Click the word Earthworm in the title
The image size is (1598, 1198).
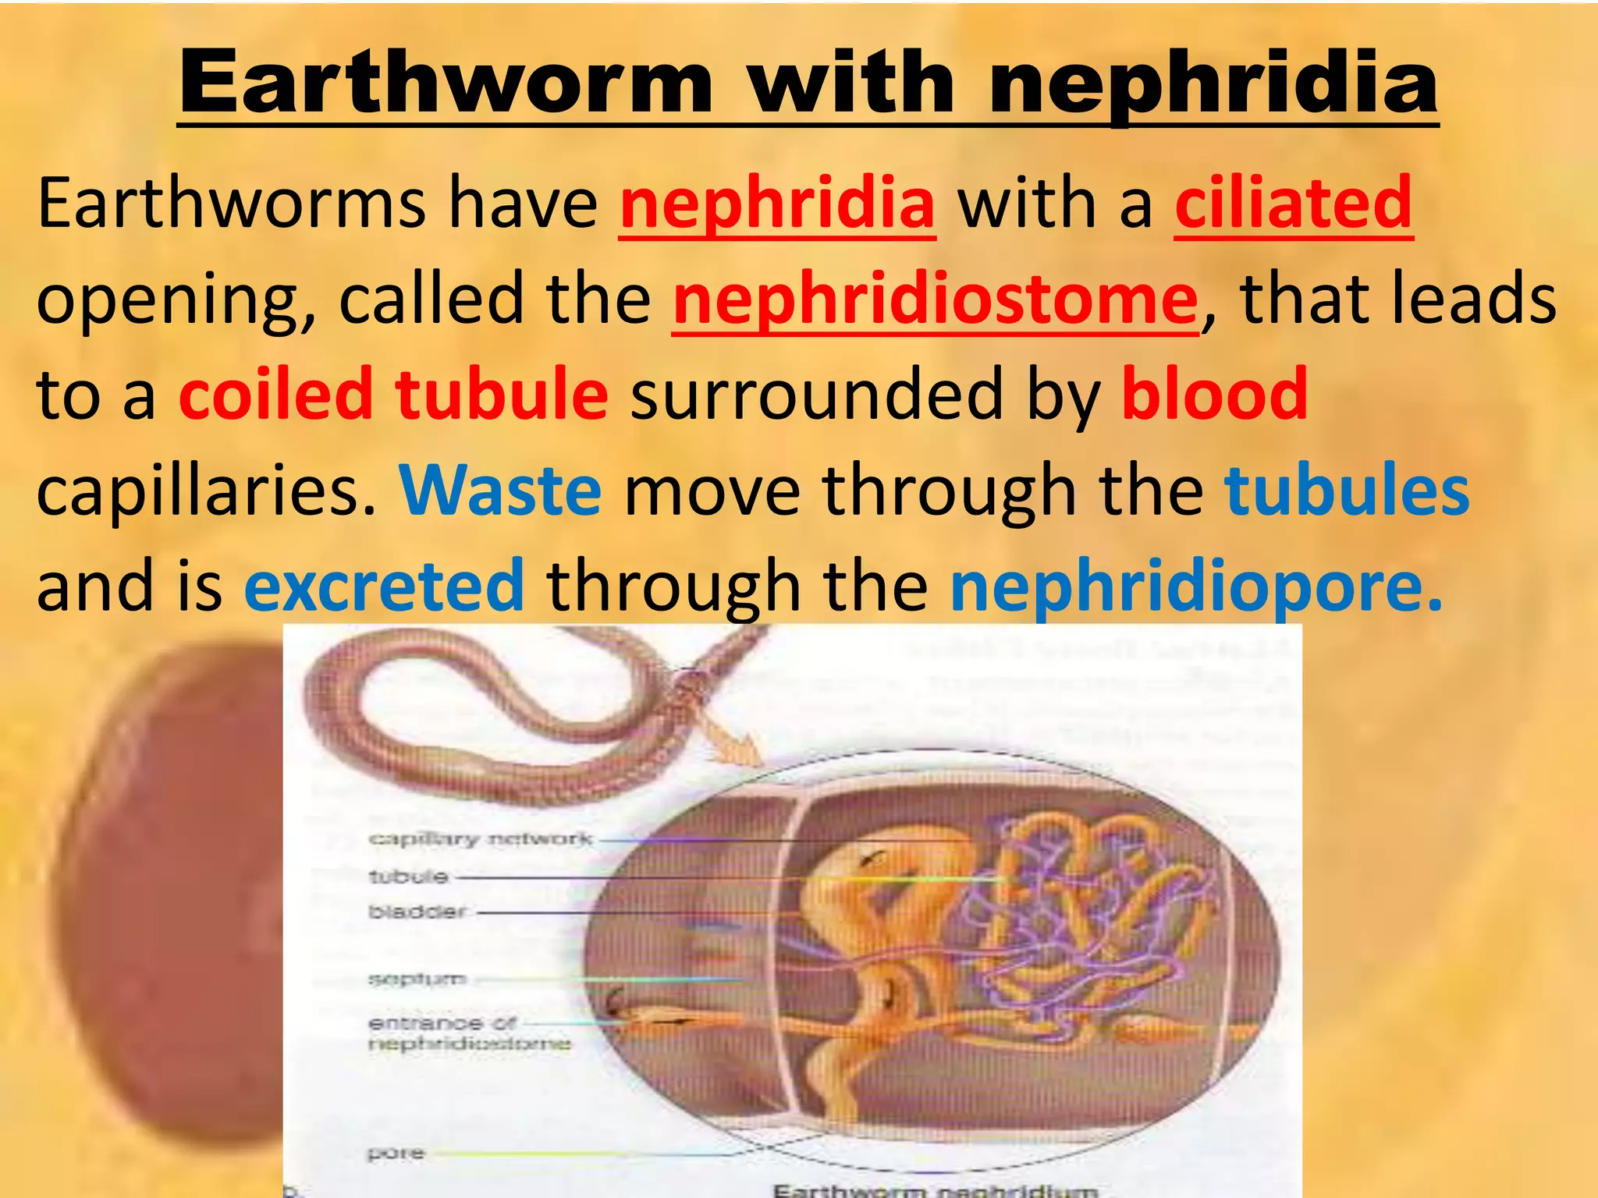point(446,82)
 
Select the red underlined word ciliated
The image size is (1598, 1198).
point(1294,204)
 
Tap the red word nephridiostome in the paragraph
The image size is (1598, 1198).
point(935,299)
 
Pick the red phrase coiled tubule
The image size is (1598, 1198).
point(393,395)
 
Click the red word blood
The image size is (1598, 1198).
point(1214,395)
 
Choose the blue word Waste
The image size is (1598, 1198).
point(500,491)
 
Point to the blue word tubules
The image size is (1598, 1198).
point(1347,491)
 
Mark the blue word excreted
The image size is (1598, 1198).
point(384,586)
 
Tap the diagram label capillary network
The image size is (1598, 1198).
point(480,839)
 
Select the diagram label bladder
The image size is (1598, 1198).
point(417,911)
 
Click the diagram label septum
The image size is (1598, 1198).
point(417,979)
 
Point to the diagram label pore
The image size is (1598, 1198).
point(396,1153)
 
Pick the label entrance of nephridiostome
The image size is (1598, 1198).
point(468,1033)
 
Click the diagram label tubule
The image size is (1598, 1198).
point(408,877)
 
